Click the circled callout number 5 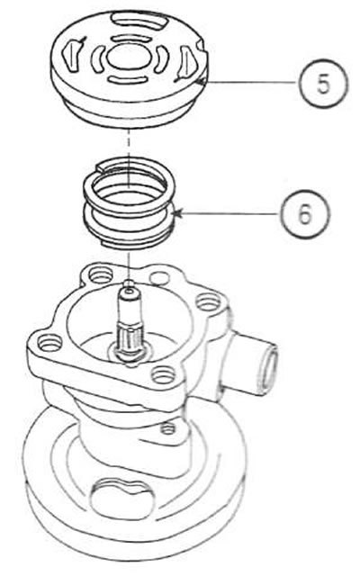point(323,84)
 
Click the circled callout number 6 point(306,214)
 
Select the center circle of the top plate point(127,58)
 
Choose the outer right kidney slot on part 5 point(186,62)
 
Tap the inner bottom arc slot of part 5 point(127,79)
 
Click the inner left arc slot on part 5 point(97,58)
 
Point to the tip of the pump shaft point(130,291)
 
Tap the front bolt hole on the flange point(163,376)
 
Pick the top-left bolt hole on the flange point(101,274)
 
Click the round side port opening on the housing point(269,370)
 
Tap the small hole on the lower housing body point(168,428)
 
